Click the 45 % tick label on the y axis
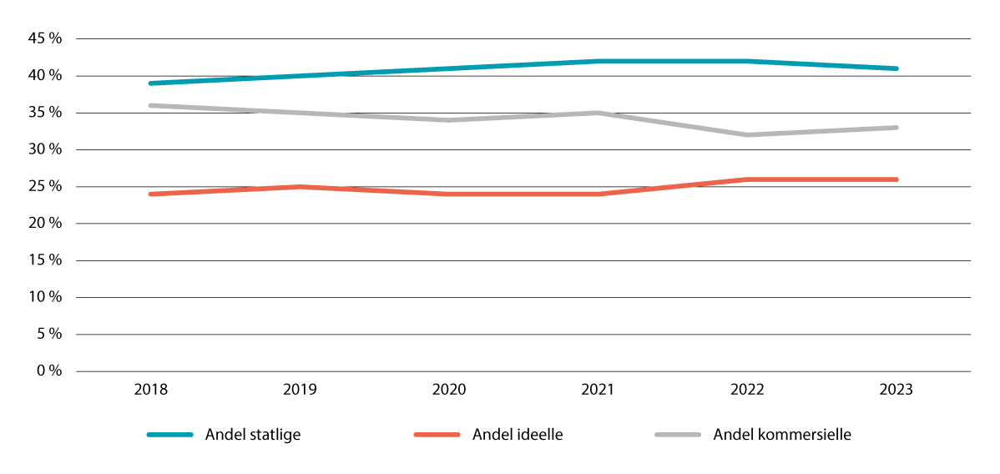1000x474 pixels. [46, 39]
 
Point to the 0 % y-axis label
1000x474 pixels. [49, 371]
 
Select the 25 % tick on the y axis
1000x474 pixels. [46, 187]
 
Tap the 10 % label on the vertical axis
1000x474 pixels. [46, 297]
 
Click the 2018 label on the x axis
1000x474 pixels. [150, 390]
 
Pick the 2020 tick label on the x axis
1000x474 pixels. [449, 390]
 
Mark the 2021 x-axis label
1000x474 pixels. [598, 390]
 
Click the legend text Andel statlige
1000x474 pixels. [253, 435]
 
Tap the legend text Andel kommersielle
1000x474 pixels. [782, 435]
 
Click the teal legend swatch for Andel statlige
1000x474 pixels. [169, 435]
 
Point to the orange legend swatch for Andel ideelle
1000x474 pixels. [437, 435]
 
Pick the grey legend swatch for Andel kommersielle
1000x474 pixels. [678, 435]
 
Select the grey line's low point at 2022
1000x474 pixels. [748, 135]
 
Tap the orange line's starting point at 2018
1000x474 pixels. [150, 194]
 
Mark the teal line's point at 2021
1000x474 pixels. [598, 61]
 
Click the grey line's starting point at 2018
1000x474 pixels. [150, 105]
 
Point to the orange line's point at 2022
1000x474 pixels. [748, 179]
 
